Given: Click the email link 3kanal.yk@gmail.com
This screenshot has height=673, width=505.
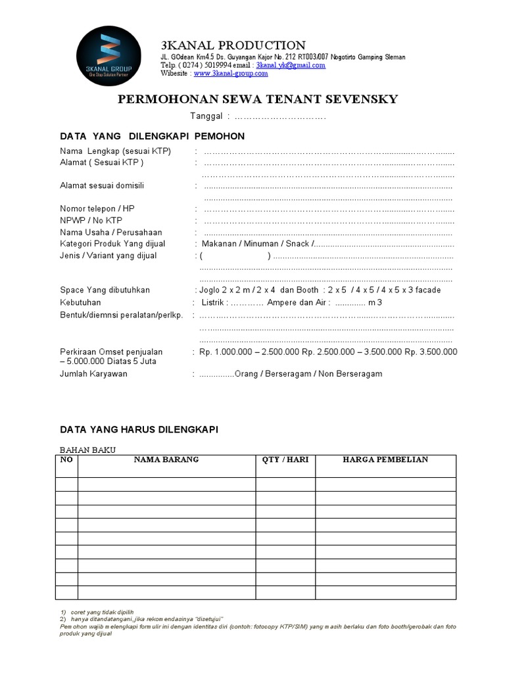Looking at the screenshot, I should [x=291, y=66].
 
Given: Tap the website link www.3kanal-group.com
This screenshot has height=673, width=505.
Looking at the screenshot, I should [x=231, y=74].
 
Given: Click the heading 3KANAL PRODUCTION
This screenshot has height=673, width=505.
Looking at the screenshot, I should [x=233, y=45].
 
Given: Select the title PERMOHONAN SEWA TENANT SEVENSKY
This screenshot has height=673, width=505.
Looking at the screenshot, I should [x=257, y=100].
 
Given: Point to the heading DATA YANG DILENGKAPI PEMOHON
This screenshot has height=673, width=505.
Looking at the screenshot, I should [x=152, y=136].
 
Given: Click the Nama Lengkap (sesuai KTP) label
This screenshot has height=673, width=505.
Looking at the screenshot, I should [x=115, y=152].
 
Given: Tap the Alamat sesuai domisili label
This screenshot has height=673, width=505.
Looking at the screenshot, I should [x=102, y=186].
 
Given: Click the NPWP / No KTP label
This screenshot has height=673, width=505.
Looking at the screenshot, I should [x=91, y=221].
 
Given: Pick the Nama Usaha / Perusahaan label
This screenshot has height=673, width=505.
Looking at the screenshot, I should [x=110, y=233].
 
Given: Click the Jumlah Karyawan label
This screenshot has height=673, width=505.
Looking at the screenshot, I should [x=93, y=374].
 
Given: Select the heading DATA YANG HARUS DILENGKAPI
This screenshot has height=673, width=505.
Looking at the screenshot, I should [x=139, y=429].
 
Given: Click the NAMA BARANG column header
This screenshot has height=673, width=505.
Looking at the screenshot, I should [x=166, y=459].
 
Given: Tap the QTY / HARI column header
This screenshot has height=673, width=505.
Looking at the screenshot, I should [x=285, y=459].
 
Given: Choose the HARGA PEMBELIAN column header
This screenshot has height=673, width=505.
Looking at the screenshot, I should [x=385, y=459].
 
